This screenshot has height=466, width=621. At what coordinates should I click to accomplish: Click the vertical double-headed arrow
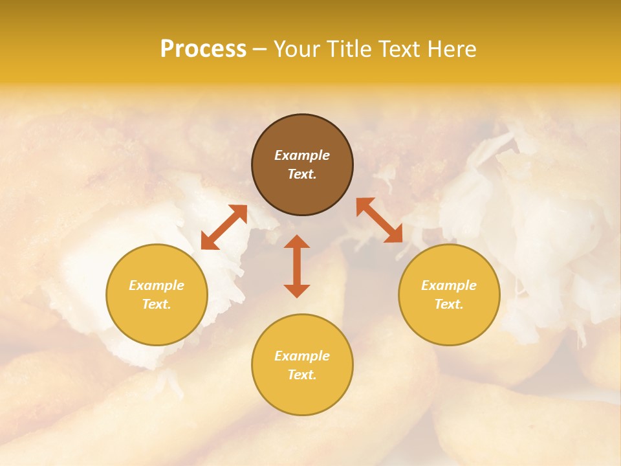[x=297, y=266]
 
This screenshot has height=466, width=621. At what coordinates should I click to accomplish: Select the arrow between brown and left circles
[x=224, y=227]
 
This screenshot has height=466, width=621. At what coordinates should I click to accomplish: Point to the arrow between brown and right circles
[x=379, y=220]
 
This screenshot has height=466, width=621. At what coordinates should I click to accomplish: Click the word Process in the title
[x=203, y=49]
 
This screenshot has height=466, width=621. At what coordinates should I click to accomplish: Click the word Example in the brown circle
[x=302, y=155]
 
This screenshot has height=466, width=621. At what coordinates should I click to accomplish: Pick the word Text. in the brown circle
[x=302, y=174]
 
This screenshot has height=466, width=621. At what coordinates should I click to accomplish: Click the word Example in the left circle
[x=157, y=285]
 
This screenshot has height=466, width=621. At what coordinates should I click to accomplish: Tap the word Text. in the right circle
[x=449, y=304]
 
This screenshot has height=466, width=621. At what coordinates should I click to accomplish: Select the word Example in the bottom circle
[x=302, y=356]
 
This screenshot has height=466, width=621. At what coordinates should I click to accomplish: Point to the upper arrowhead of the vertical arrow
[x=297, y=241]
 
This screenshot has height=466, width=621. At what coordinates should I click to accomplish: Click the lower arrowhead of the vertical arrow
[x=297, y=291]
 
